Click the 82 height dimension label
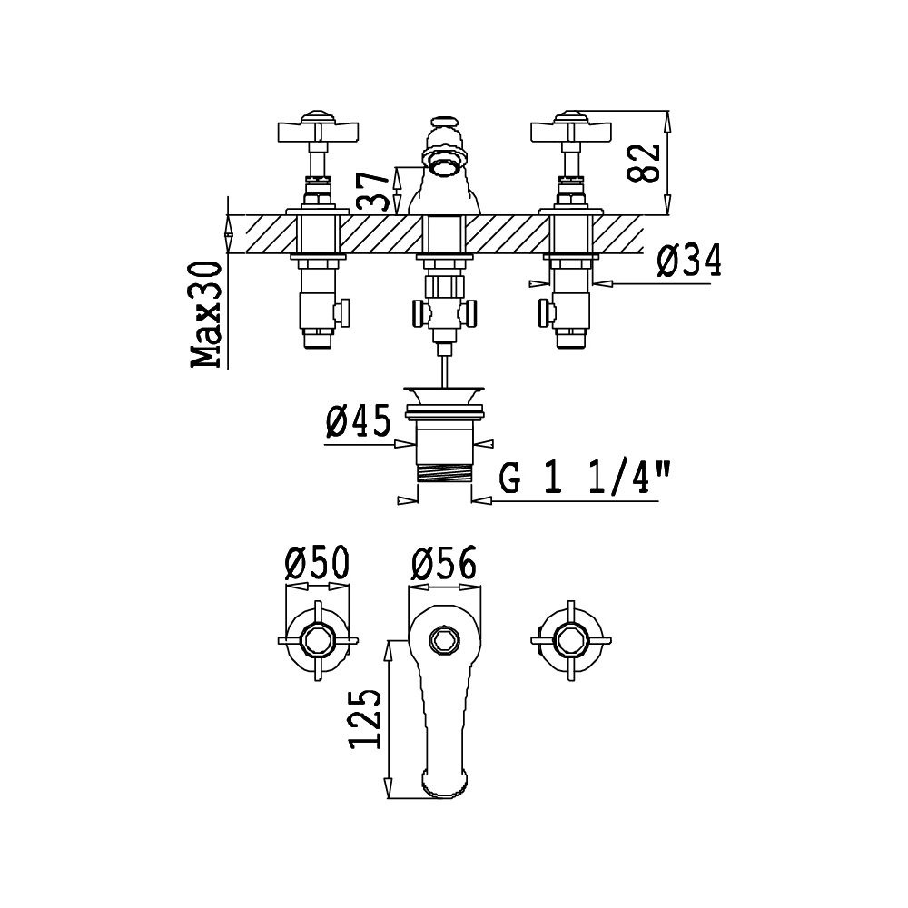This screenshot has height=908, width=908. pyautogui.click(x=644, y=163)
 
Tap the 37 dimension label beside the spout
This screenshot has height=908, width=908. pyautogui.click(x=371, y=191)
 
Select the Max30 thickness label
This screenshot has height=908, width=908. pyautogui.click(x=206, y=314)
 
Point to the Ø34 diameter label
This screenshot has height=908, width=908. pyautogui.click(x=689, y=261)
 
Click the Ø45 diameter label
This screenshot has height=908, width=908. pyautogui.click(x=358, y=421)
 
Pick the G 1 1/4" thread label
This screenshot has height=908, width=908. pyautogui.click(x=584, y=478)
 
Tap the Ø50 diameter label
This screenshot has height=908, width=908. pyautogui.click(x=317, y=563)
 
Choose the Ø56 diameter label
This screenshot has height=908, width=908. pyautogui.click(x=444, y=563)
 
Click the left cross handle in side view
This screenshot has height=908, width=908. pyautogui.click(x=318, y=131)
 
